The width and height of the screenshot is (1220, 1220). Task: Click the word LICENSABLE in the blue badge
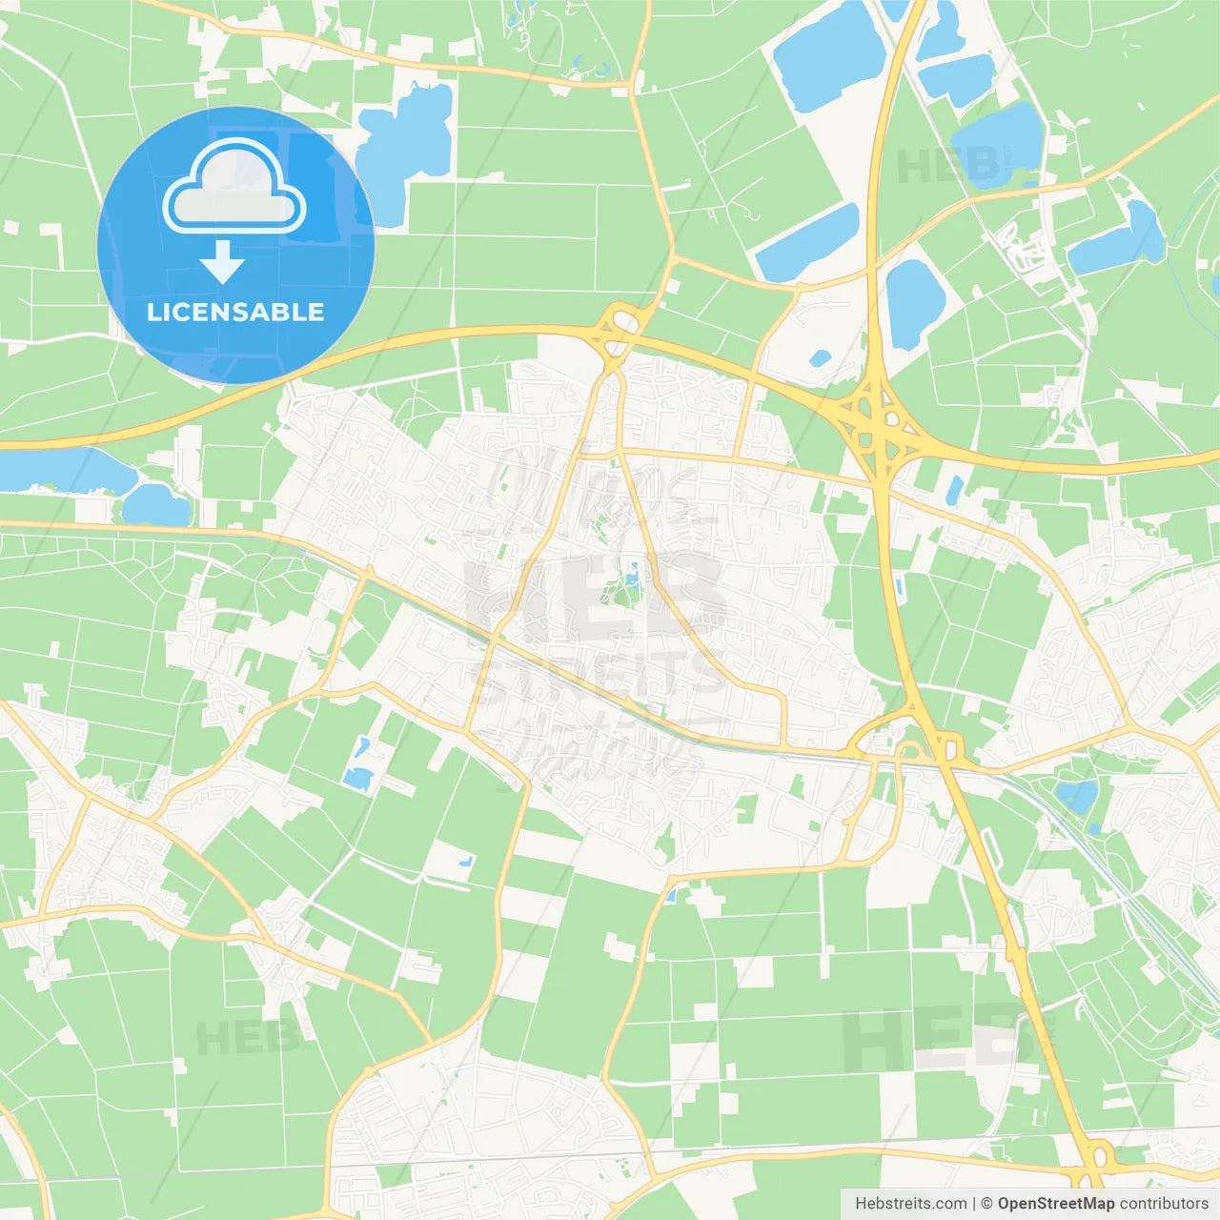tap(235, 312)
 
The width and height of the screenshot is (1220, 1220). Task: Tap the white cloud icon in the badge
tap(234, 188)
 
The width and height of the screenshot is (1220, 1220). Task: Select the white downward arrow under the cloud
tap(222, 262)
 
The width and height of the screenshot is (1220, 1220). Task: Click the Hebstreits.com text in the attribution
tap(911, 1204)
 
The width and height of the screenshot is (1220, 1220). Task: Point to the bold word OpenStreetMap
tap(1056, 1204)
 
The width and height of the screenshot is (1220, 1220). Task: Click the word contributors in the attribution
tap(1164, 1204)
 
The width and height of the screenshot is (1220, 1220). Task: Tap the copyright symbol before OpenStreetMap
tap(987, 1204)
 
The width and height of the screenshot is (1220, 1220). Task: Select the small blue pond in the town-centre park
tap(631, 574)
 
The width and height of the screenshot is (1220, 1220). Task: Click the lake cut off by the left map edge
tap(57, 470)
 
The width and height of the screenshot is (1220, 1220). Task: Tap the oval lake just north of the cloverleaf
tap(915, 302)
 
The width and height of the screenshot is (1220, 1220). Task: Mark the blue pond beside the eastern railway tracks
tap(1078, 795)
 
